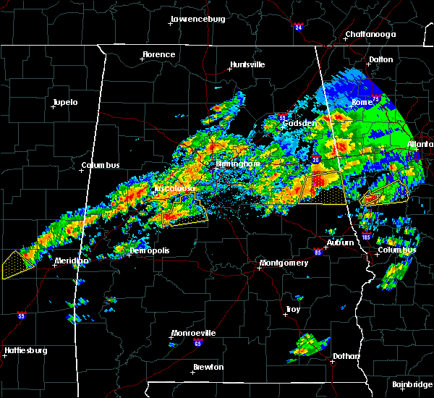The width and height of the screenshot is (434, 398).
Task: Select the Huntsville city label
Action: coord(247,64)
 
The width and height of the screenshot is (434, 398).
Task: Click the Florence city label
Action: coord(158,54)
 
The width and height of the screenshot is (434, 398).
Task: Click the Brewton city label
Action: coord(208,368)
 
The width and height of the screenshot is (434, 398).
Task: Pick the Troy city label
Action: coord(292,309)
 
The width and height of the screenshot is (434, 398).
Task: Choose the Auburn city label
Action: coord(340,242)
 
